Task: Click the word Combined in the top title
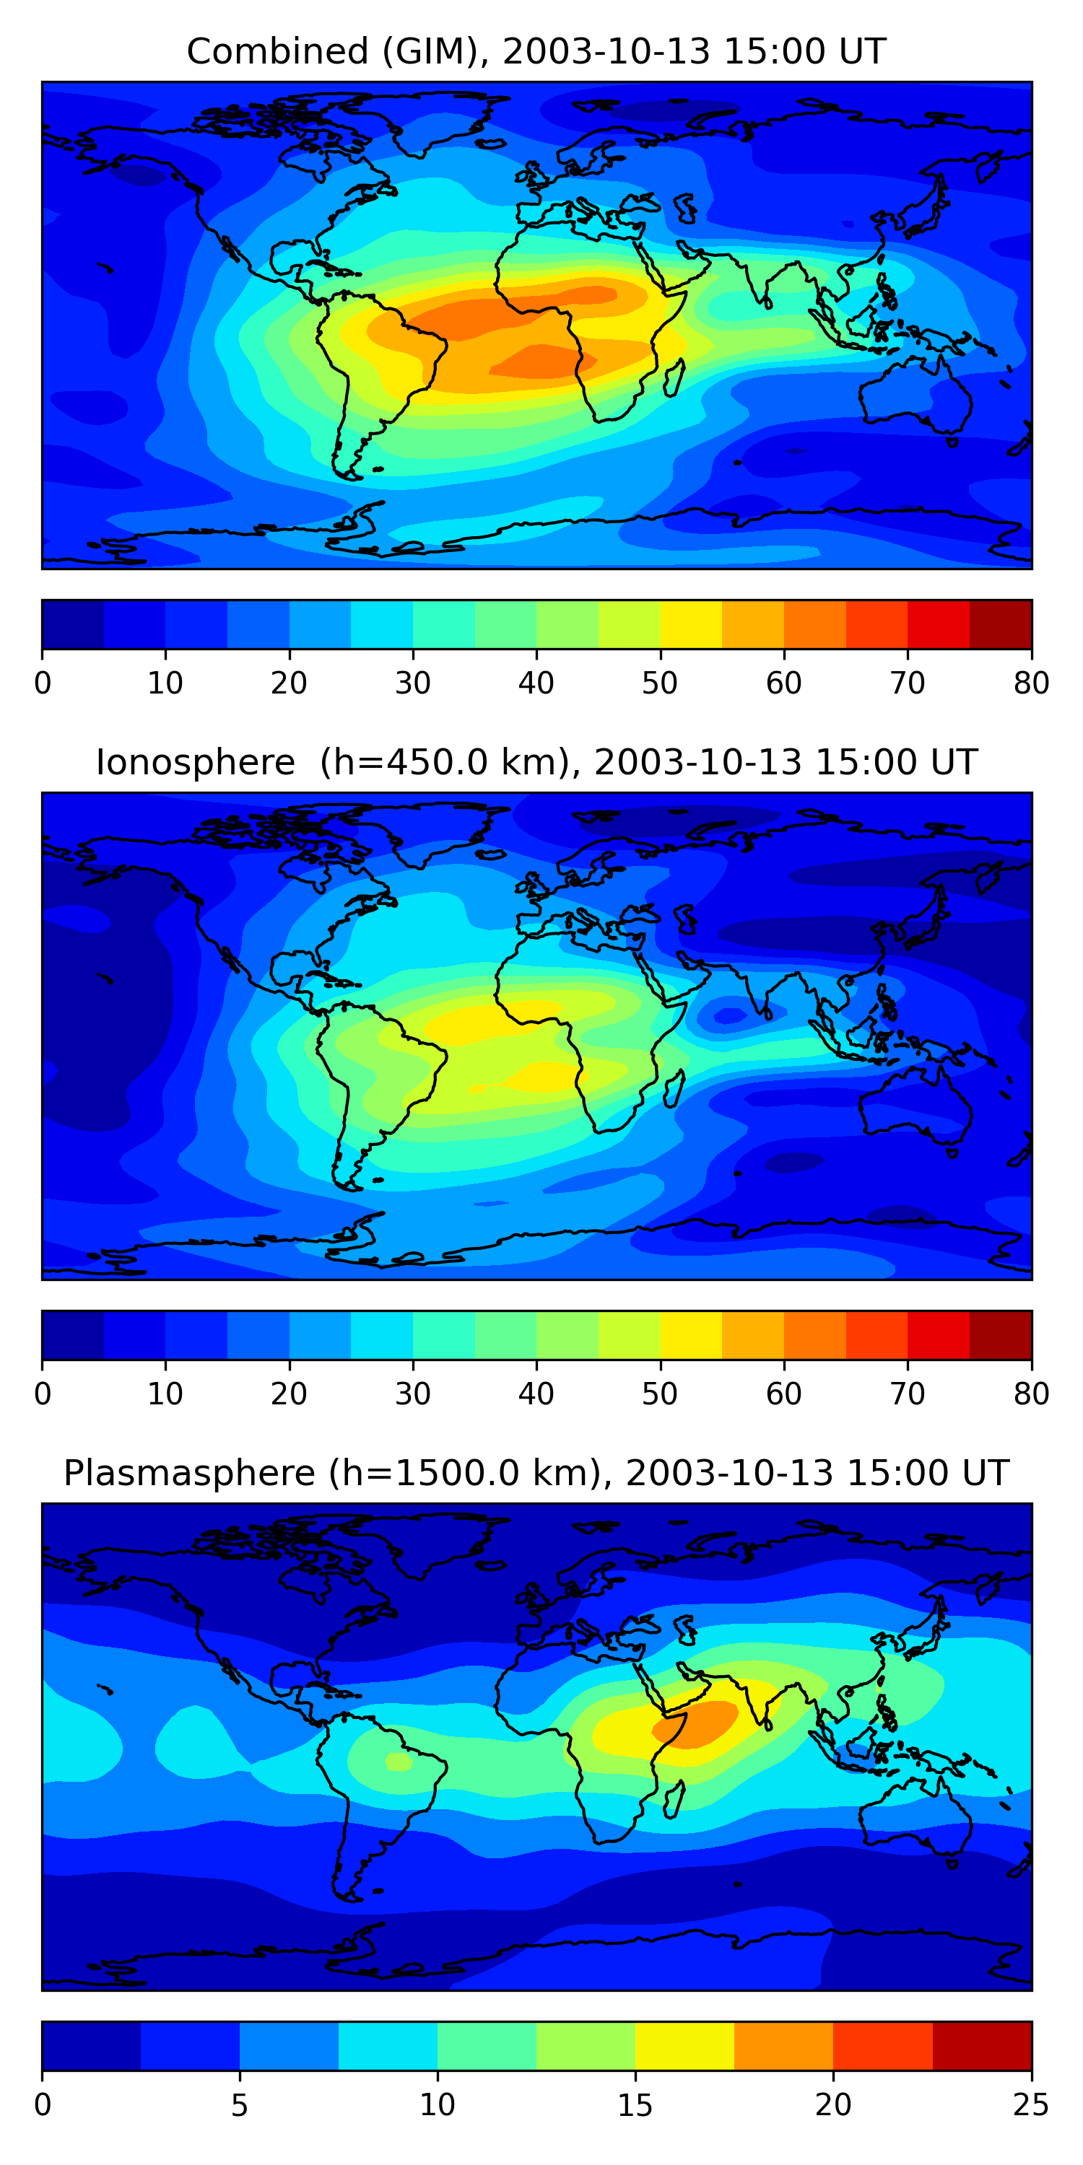click(x=277, y=52)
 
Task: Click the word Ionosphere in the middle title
click(x=195, y=763)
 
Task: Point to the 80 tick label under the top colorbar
click(x=1031, y=683)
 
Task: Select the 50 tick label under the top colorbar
click(x=660, y=683)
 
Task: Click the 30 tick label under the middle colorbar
click(x=413, y=1394)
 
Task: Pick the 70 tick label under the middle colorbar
click(x=908, y=1394)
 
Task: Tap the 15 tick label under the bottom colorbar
click(x=635, y=2104)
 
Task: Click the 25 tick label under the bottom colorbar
click(x=1031, y=2104)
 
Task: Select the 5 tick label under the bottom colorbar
click(x=240, y=2104)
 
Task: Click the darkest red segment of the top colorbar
click(x=1001, y=624)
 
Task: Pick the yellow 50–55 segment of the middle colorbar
click(x=691, y=1334)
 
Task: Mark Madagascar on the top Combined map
click(x=674, y=377)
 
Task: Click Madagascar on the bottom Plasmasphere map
click(x=674, y=1798)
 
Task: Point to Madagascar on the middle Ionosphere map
click(x=674, y=1088)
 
